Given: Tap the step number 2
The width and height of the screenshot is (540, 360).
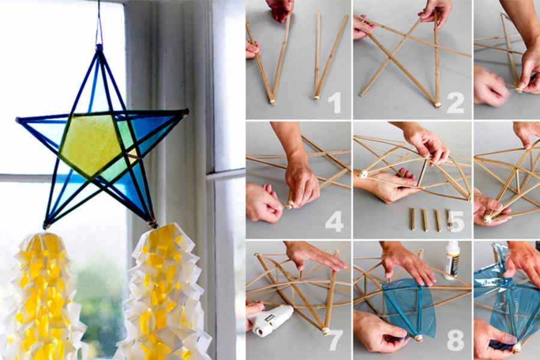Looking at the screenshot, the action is [455, 103].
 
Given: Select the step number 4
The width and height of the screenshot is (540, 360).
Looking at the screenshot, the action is [334, 221].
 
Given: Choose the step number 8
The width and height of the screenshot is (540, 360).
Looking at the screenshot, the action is [455, 341].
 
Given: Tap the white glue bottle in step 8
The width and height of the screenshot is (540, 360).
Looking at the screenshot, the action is [451, 259].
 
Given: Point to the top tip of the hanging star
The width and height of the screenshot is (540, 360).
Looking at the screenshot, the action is [100, 47].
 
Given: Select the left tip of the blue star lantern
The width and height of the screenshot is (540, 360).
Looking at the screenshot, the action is [18, 119].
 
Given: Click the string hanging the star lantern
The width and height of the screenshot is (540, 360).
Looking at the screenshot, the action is [99, 22].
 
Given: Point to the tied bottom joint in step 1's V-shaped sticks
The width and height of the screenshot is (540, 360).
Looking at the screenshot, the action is [272, 101].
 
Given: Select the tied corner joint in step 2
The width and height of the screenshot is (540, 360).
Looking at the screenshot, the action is [438, 104].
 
